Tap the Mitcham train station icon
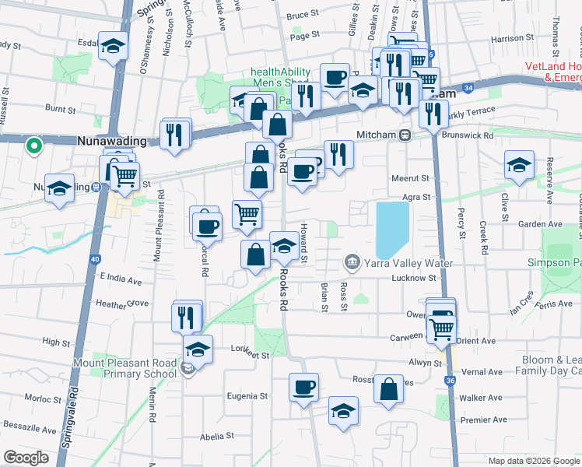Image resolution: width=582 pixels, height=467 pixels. (405, 135)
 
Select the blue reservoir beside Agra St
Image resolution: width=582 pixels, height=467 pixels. (393, 230)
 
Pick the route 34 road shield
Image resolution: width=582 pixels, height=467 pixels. (466, 89)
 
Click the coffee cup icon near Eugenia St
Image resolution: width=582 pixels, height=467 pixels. (303, 386)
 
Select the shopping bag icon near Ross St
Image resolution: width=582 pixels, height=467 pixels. (387, 391)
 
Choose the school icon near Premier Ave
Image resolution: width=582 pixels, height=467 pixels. (342, 410)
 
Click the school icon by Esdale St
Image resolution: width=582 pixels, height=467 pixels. (114, 47)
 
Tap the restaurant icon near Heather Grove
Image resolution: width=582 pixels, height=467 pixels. (186, 317)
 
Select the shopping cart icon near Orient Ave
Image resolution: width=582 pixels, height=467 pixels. (440, 328)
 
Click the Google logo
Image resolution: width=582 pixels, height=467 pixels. (26, 458)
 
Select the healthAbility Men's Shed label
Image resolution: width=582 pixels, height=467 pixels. (280, 78)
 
